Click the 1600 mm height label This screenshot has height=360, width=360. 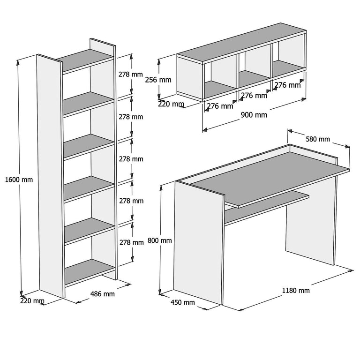(19, 179)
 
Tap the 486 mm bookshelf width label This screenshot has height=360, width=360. (102, 294)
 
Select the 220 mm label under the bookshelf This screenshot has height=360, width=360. (32, 301)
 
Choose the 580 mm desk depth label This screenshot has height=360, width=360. (318, 139)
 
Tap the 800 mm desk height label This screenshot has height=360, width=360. (160, 240)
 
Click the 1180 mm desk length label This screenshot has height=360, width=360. (296, 290)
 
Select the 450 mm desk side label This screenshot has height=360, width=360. (182, 302)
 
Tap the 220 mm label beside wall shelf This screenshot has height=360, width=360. (171, 104)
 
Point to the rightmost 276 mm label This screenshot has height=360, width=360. (287, 85)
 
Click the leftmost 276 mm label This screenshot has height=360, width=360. (220, 106)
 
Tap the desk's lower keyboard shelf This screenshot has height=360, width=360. (265, 205)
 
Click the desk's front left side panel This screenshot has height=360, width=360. (197, 241)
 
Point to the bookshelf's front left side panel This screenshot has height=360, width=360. (50, 176)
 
